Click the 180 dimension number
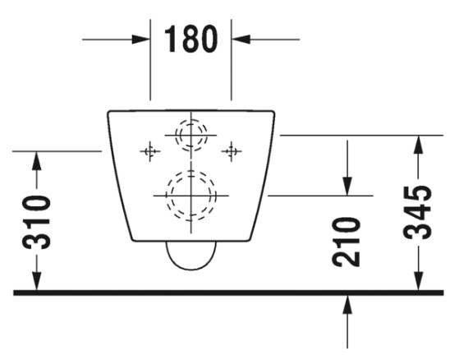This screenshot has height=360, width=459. (x=191, y=39)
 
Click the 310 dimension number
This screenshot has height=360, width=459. (x=37, y=223)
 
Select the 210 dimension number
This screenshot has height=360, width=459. (x=347, y=242)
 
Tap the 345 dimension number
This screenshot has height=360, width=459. (x=418, y=212)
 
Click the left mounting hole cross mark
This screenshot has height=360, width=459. (x=150, y=151)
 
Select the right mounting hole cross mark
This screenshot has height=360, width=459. (x=232, y=151)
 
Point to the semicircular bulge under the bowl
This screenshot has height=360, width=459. (x=191, y=270)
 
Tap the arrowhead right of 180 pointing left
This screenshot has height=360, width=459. (x=241, y=39)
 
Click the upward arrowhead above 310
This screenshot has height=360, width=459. (x=37, y=160)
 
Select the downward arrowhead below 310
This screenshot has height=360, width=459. (x=37, y=281)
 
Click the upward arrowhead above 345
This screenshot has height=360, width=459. (x=419, y=145)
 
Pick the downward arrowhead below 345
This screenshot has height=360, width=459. (x=419, y=281)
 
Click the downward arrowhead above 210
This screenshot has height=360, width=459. (x=347, y=187)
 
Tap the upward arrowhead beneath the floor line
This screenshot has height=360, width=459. (x=347, y=304)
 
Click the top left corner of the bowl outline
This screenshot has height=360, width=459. (x=108, y=112)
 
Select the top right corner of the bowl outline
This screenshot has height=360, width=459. (x=274, y=112)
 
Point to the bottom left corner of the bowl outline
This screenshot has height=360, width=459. (x=132, y=240)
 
